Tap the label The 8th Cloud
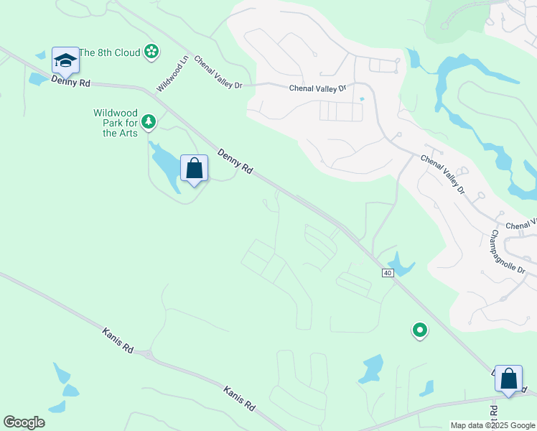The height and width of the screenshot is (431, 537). (109, 52)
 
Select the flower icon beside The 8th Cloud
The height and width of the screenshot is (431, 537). (151, 51)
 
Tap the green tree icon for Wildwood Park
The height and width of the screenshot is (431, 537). (149, 122)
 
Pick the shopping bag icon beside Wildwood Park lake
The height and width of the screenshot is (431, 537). (194, 169)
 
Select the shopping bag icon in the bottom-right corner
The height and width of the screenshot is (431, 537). (508, 379)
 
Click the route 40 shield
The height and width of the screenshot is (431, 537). (388, 273)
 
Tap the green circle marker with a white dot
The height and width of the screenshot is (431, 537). (419, 330)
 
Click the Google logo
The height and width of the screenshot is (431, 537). (24, 422)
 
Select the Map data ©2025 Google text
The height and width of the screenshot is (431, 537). (492, 425)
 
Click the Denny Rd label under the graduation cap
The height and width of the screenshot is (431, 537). (70, 83)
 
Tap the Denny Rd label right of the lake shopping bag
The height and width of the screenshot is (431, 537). (235, 162)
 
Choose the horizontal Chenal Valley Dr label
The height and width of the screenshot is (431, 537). (317, 88)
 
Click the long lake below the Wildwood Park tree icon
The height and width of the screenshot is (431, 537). (164, 165)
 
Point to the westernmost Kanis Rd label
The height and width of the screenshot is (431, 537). (118, 339)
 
